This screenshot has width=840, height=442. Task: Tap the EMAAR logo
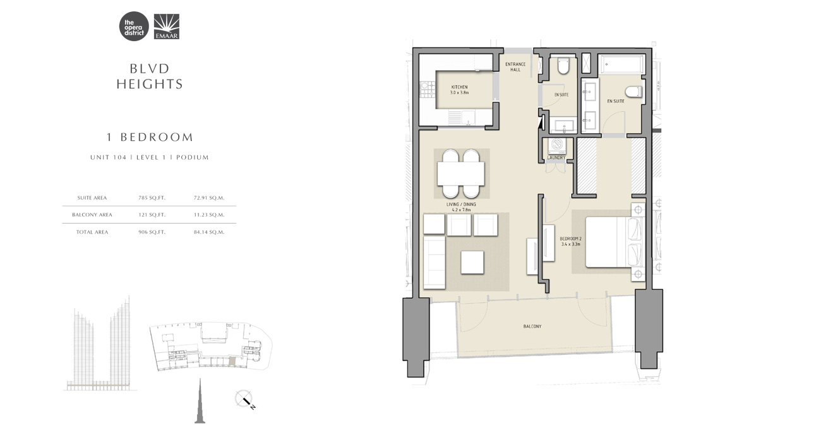167,27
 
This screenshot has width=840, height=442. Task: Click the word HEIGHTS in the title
150,83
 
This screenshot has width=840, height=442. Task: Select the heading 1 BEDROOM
149,137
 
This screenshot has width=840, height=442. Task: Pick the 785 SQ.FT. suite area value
152,198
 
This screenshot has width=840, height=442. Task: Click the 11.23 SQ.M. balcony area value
209,215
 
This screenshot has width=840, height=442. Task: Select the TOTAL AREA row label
93,232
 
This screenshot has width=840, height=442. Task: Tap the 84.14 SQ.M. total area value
209,232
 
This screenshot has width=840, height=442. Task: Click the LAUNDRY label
556,158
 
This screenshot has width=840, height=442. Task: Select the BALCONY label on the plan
532,326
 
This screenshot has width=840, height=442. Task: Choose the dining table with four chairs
462,173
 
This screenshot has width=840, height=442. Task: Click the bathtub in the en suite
623,64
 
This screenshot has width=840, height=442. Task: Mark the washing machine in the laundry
557,145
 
